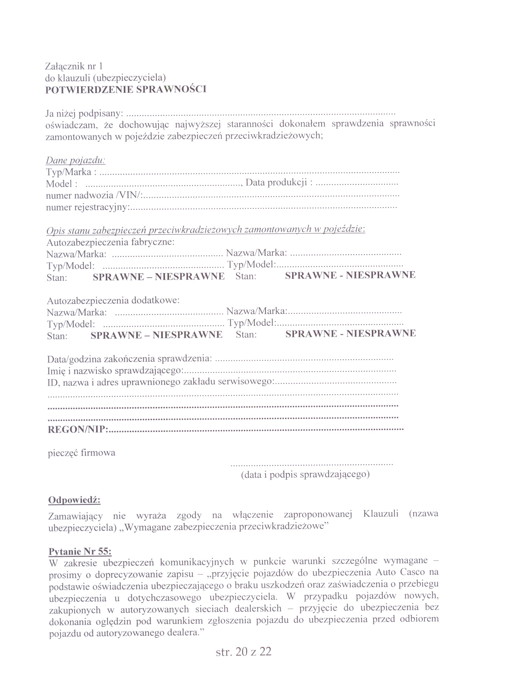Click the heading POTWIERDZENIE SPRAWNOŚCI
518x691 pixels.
pyautogui.click(x=126, y=89)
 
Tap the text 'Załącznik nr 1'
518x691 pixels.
pyautogui.click(x=74, y=66)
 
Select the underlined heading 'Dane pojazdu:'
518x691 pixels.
pyautogui.click(x=76, y=160)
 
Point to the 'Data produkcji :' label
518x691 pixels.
pyautogui.click(x=279, y=182)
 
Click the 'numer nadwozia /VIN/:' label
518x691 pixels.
pyautogui.click(x=94, y=195)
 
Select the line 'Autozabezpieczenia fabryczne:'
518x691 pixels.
pyautogui.click(x=111, y=242)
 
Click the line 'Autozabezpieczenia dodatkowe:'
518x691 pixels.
pyautogui.click(x=113, y=300)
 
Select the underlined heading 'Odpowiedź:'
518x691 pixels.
pyautogui.click(x=74, y=500)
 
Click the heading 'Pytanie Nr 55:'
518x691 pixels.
pyautogui.click(x=80, y=551)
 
